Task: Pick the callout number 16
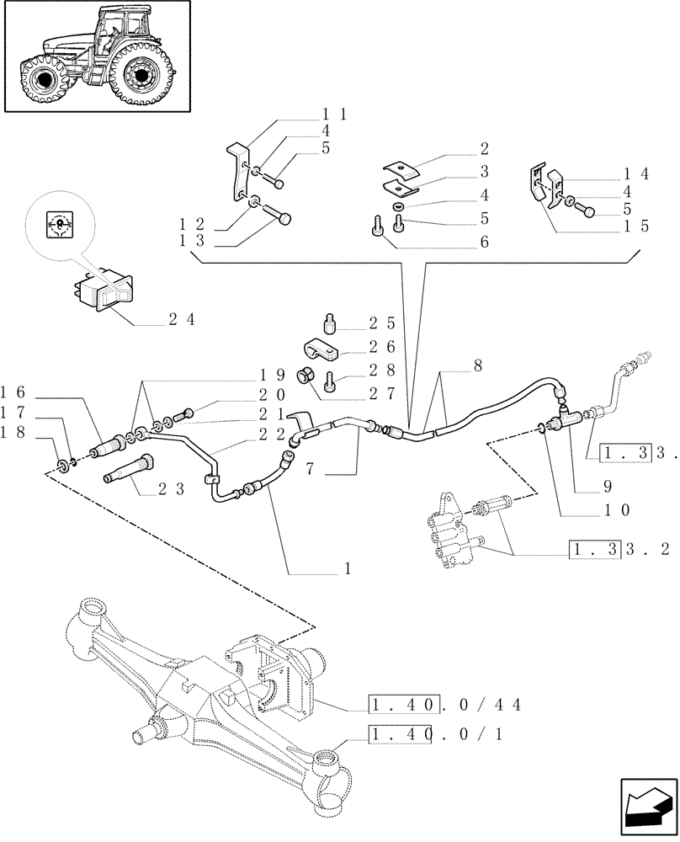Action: (x=16, y=392)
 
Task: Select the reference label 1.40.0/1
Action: (x=437, y=735)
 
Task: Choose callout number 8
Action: (x=479, y=366)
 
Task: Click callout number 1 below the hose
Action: (x=346, y=568)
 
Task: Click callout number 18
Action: (x=16, y=431)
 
